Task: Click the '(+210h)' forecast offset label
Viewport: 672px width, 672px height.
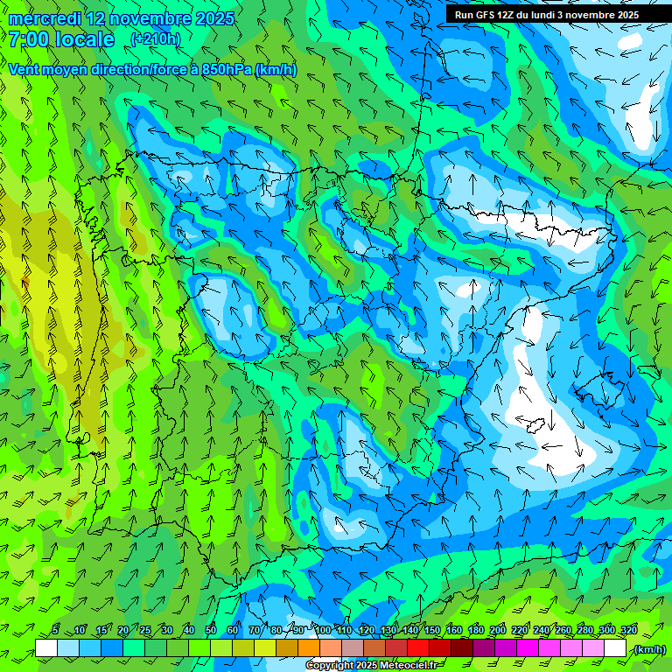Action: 155,39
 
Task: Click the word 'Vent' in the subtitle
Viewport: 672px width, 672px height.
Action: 25,70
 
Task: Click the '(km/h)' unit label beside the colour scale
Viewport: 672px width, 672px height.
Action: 648,649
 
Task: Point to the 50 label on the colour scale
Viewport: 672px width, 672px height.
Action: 211,631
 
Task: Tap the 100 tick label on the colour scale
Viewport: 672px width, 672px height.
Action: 323,631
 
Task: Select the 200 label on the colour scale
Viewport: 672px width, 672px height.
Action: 498,631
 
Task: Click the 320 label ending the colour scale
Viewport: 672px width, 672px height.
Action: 628,631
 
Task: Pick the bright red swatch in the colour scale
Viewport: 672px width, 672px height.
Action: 418,648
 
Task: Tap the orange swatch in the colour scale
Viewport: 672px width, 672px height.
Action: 309,648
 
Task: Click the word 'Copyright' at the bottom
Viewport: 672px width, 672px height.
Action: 331,665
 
